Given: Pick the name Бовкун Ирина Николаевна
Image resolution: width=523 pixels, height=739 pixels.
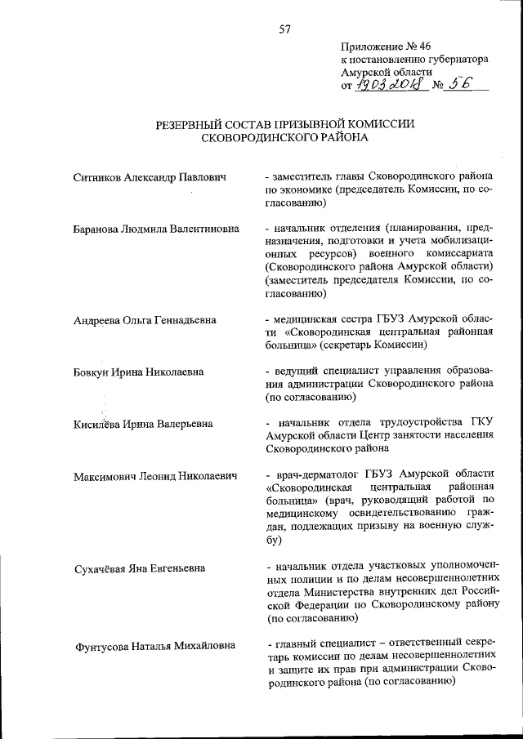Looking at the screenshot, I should (138, 372).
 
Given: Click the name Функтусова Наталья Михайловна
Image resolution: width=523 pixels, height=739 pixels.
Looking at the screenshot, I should (154, 645).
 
